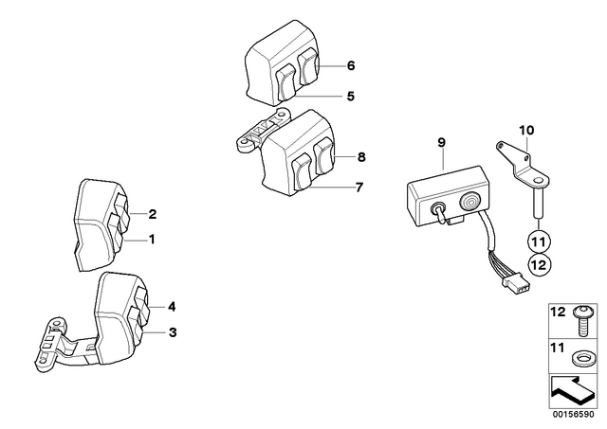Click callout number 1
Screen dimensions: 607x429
click(152, 240)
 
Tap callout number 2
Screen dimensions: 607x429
click(153, 214)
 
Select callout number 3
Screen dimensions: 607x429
click(173, 332)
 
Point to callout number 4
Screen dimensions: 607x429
click(172, 307)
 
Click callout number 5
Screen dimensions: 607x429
click(350, 96)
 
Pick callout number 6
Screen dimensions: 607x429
click(351, 65)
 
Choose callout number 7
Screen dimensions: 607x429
click(359, 188)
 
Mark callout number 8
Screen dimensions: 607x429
click(360, 157)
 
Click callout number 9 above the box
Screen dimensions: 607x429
click(441, 142)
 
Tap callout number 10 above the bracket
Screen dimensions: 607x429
click(526, 131)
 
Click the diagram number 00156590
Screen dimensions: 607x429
click(573, 414)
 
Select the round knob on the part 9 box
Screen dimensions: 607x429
click(469, 202)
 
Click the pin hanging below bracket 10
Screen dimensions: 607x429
click(539, 203)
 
